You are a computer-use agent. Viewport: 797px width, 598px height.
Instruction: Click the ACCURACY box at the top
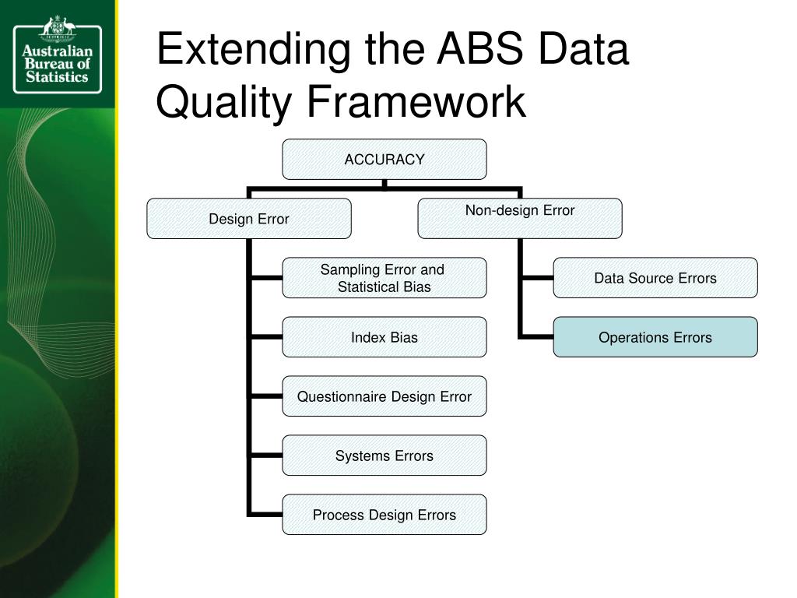point(384,160)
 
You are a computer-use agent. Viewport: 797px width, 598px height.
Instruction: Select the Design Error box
point(249,219)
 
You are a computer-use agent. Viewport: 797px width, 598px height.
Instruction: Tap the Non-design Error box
point(520,218)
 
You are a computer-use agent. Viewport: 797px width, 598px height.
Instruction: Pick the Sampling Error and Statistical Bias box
point(384,278)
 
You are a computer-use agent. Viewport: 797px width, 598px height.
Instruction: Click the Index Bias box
point(384,337)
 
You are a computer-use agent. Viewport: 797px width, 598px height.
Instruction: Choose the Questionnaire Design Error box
point(384,396)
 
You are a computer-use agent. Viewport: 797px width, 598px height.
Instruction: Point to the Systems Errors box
point(384,456)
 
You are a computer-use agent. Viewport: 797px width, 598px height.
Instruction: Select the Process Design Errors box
point(384,515)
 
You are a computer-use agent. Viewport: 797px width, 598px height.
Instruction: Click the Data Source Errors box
point(655,278)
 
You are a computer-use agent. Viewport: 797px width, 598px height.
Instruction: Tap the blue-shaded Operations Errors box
point(655,337)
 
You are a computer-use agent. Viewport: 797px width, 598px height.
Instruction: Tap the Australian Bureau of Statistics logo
point(57,54)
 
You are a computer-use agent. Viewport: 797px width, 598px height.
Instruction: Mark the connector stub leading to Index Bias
point(267,337)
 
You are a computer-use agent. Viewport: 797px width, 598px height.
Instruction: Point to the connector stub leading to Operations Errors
point(537,337)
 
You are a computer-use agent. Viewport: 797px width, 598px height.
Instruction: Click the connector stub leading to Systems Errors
point(267,456)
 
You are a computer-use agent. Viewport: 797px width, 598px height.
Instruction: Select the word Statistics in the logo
point(57,78)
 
